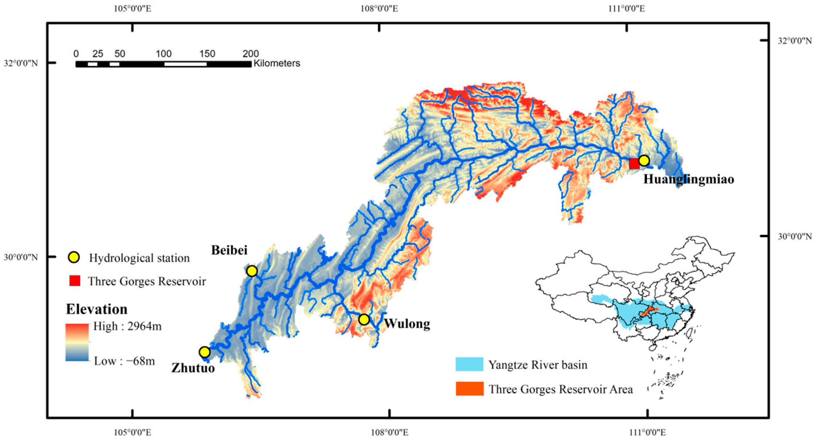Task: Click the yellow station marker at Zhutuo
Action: (x=205, y=352)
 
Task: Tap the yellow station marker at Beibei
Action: (x=251, y=271)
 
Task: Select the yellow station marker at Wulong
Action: (x=364, y=319)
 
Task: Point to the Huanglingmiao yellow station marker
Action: (x=644, y=161)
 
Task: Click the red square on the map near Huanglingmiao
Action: (x=634, y=164)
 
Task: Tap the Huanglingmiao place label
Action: (x=688, y=179)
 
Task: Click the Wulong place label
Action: (x=407, y=324)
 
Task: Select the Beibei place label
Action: (x=229, y=250)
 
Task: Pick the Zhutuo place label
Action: (x=193, y=368)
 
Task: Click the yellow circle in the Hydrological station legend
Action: (x=74, y=257)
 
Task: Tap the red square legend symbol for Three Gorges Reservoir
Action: (x=75, y=281)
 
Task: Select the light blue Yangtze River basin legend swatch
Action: (x=469, y=364)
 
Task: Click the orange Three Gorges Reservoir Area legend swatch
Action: (x=469, y=389)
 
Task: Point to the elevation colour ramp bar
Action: (x=77, y=342)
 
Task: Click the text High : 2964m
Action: (x=127, y=326)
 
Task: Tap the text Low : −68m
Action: (x=124, y=361)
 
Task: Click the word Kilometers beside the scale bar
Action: (x=277, y=63)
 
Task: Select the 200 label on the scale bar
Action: (x=250, y=54)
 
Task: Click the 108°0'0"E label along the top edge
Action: (x=379, y=9)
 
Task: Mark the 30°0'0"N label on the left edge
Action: (x=21, y=257)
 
